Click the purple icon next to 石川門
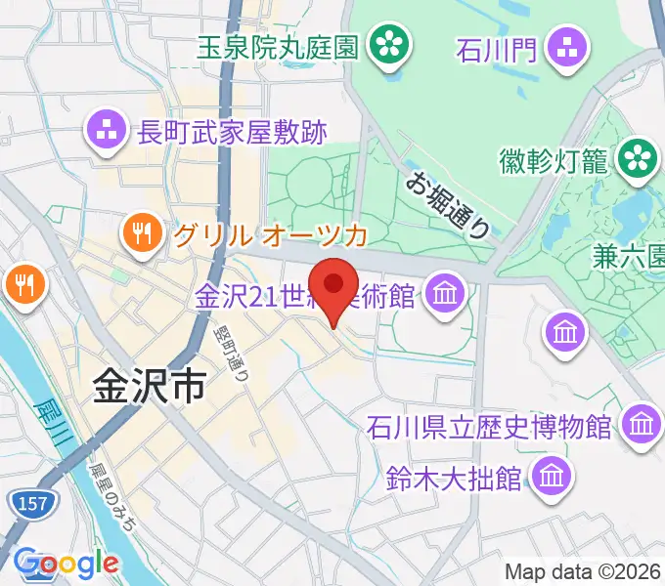point(567,44)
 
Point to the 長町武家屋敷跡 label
point(233,131)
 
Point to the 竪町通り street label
point(228,353)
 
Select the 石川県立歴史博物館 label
point(489,427)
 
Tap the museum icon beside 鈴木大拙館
point(550,477)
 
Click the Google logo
point(66,563)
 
